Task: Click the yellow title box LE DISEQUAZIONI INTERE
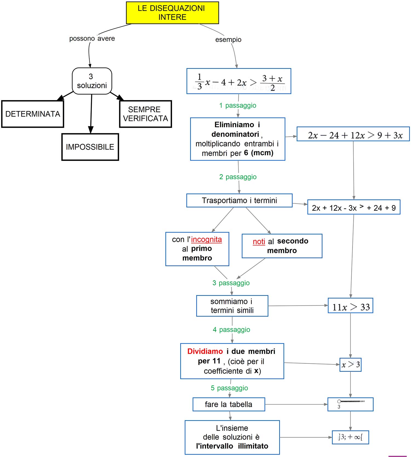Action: (x=172, y=13)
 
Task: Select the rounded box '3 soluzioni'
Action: (x=92, y=81)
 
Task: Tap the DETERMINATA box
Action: (x=33, y=114)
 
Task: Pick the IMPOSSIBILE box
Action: (x=90, y=147)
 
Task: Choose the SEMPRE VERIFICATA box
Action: (x=145, y=114)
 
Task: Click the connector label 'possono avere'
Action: (x=92, y=39)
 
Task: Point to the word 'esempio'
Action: (x=228, y=40)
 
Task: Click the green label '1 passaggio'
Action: (x=238, y=106)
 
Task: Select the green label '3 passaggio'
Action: (x=231, y=283)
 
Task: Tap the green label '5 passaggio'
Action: (x=229, y=388)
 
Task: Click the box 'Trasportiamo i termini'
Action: (x=239, y=201)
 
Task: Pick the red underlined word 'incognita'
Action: (x=206, y=240)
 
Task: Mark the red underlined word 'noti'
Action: (x=259, y=242)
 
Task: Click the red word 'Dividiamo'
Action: (x=205, y=351)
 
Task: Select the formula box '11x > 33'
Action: (x=350, y=306)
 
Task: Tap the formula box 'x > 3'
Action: (x=350, y=365)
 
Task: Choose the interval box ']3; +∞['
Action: (x=350, y=437)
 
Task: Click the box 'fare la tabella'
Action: (x=229, y=404)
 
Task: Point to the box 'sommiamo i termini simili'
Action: (x=232, y=306)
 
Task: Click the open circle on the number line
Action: (x=339, y=401)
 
